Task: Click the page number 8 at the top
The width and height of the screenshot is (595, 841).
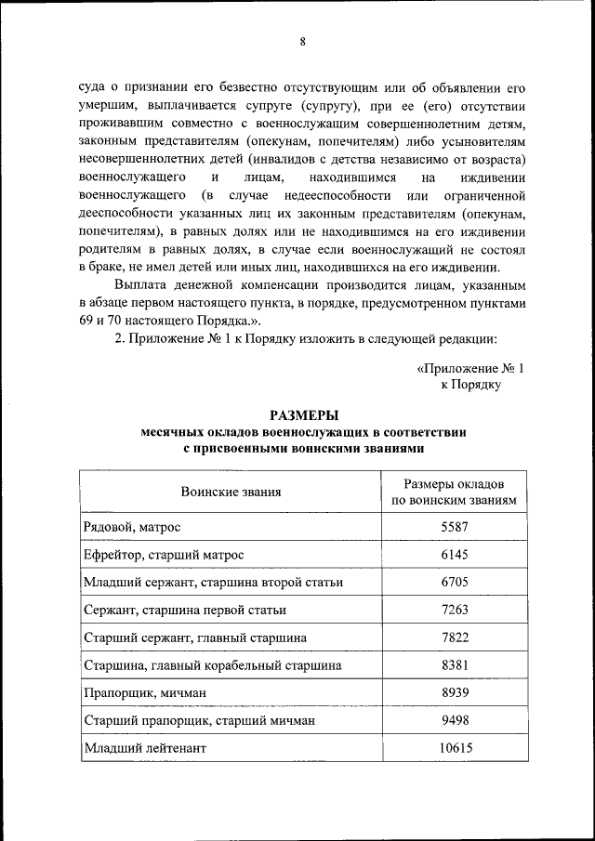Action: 302,41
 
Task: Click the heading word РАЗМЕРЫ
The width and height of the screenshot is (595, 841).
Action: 304,415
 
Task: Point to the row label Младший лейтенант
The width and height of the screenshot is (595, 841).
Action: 144,748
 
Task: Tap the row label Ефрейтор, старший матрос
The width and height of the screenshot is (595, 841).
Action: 164,555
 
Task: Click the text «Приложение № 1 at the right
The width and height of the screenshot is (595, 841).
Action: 470,368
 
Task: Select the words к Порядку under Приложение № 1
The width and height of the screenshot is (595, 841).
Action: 470,384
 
